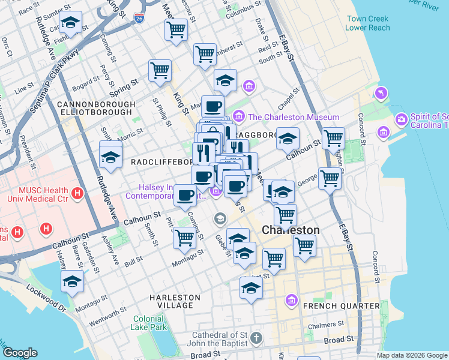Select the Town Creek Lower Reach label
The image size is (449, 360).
368,23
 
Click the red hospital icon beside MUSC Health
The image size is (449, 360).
77,193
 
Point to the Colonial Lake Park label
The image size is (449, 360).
149,323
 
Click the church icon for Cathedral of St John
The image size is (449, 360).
256,338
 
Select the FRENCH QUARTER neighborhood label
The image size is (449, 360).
342,306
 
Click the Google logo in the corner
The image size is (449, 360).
19,353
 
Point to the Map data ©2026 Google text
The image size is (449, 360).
412,355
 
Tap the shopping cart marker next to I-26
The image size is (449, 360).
176,29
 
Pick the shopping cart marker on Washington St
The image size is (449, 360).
333,139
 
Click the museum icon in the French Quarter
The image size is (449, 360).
292,299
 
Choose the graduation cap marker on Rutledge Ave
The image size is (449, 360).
110,157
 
